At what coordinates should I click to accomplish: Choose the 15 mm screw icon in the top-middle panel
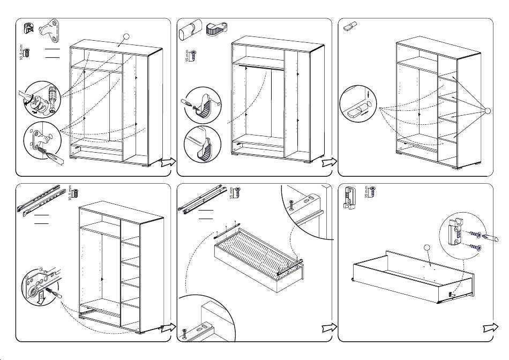coord(193,55)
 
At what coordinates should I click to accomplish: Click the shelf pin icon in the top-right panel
coord(351,26)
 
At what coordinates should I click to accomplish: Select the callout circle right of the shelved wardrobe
coord(487,111)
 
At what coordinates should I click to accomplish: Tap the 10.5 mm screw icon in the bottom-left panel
coord(76,193)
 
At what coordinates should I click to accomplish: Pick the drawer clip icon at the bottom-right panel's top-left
coord(350,197)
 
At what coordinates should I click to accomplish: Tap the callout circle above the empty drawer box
coord(426,248)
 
